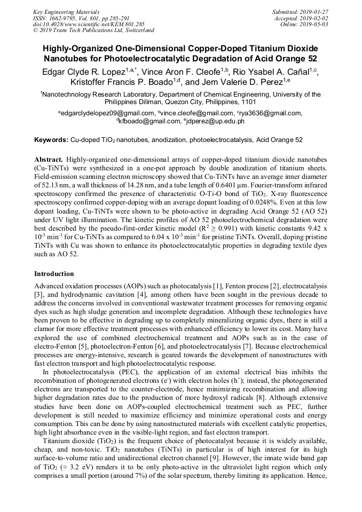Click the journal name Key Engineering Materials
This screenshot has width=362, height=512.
pyautogui.click(x=66, y=12)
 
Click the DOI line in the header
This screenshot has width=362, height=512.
pyautogui.click(x=89, y=24)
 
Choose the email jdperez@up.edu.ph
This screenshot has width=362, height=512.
pyautogui.click(x=216, y=121)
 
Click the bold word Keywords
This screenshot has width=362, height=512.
pyautogui.click(x=51, y=140)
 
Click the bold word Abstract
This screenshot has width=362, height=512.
pyautogui.click(x=49, y=160)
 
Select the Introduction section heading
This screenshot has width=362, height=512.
pyautogui.click(x=54, y=274)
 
